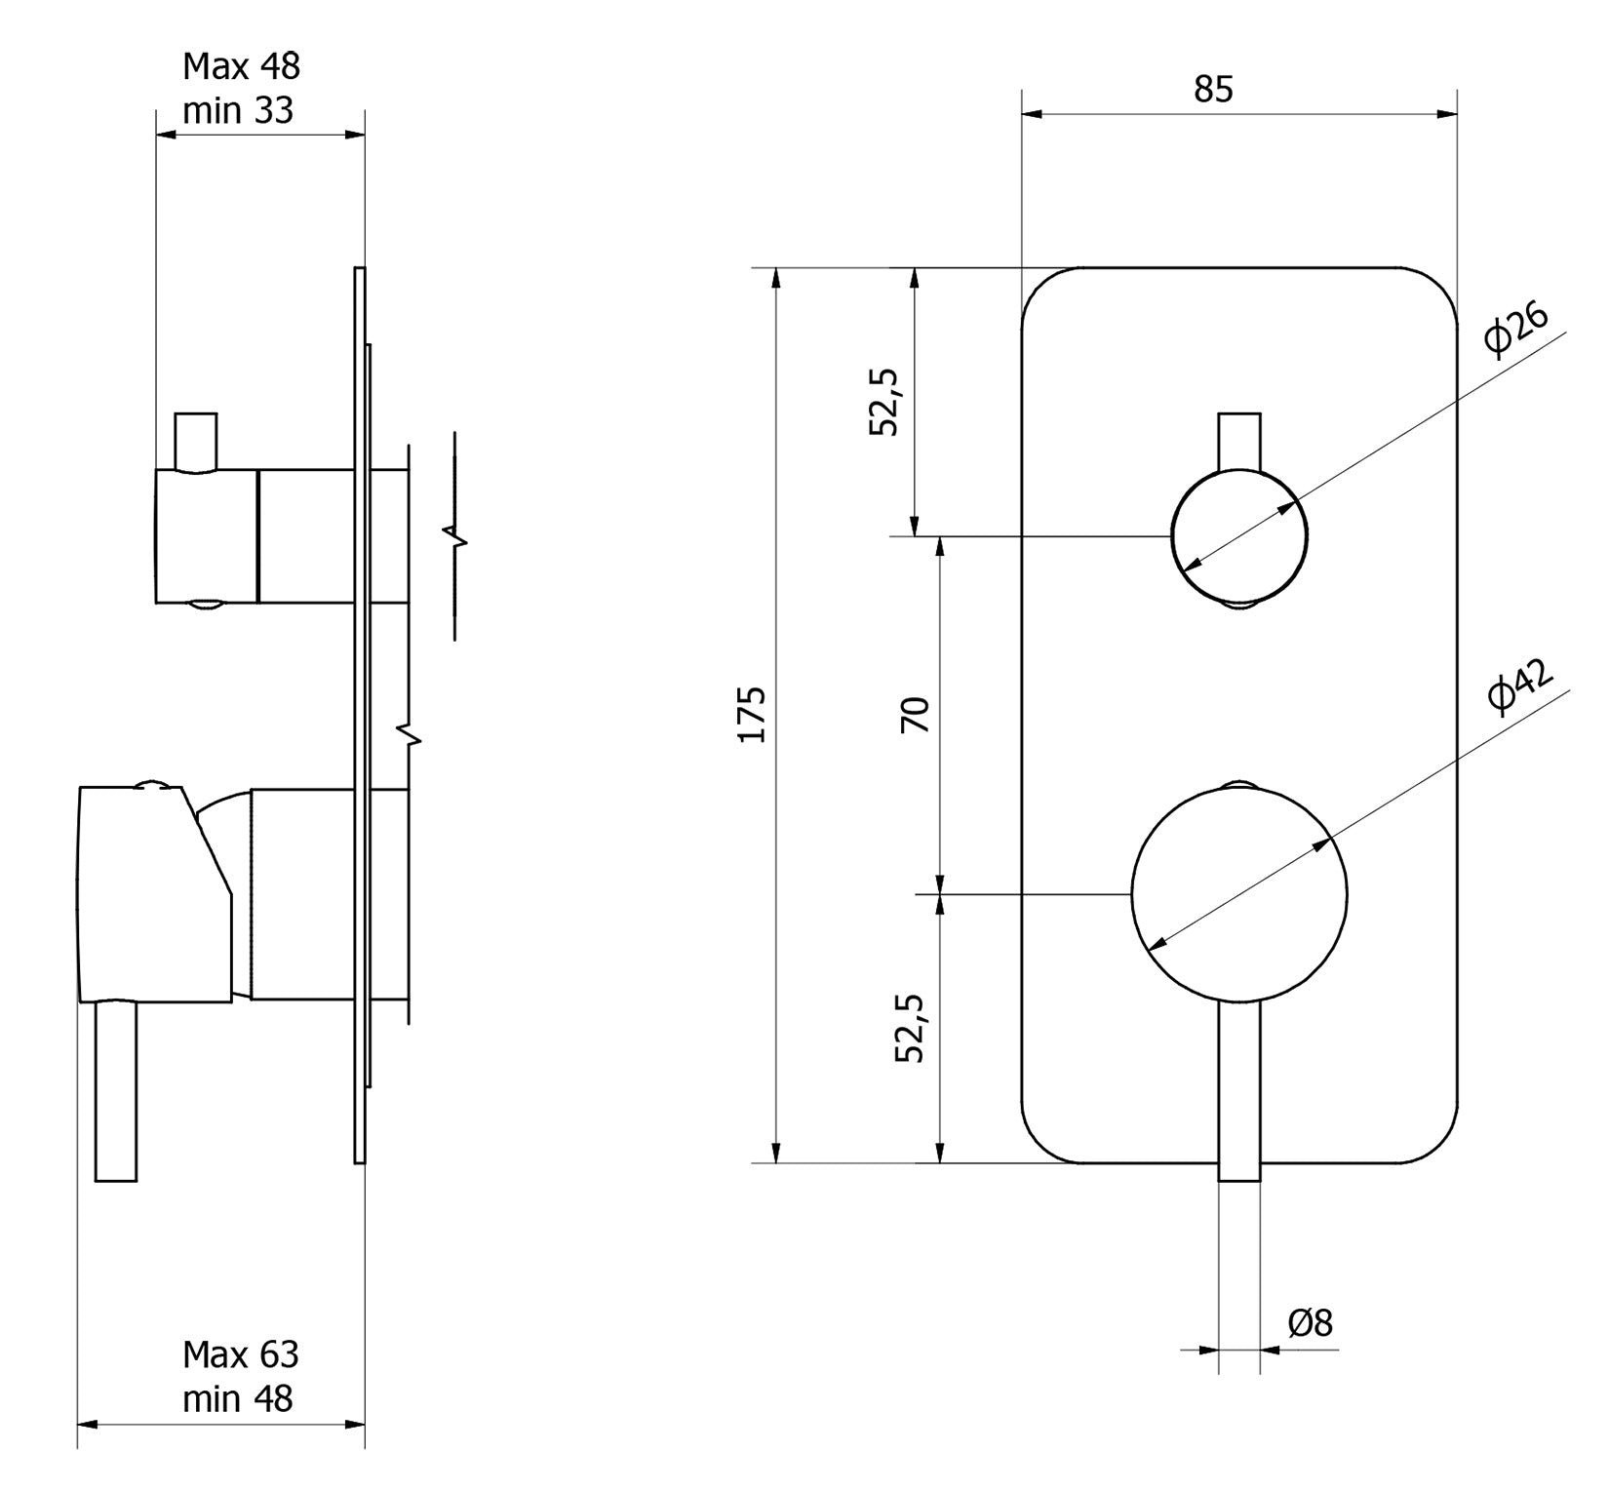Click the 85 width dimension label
click(1213, 90)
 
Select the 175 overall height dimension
click(752, 715)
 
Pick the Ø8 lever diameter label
click(1310, 1323)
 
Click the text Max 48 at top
click(241, 66)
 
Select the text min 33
click(237, 111)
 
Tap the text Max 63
click(240, 1354)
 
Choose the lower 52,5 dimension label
click(912, 1028)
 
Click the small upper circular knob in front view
click(1238, 535)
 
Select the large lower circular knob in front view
click(1238, 893)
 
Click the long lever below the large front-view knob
click(1239, 1092)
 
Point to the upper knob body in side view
click(207, 535)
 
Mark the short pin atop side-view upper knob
click(195, 441)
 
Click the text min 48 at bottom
click(237, 1399)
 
